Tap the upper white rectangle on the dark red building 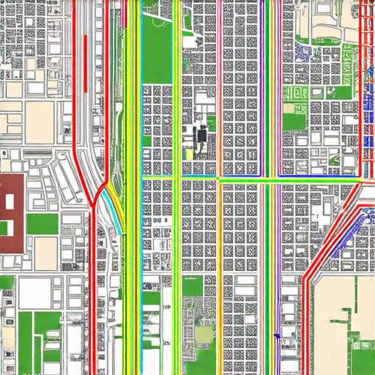[x=10, y=199]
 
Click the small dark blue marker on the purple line [x=277, y=335]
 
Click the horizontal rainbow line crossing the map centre [x=249, y=178]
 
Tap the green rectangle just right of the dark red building [x=42, y=223]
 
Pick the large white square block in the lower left [x=34, y=292]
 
